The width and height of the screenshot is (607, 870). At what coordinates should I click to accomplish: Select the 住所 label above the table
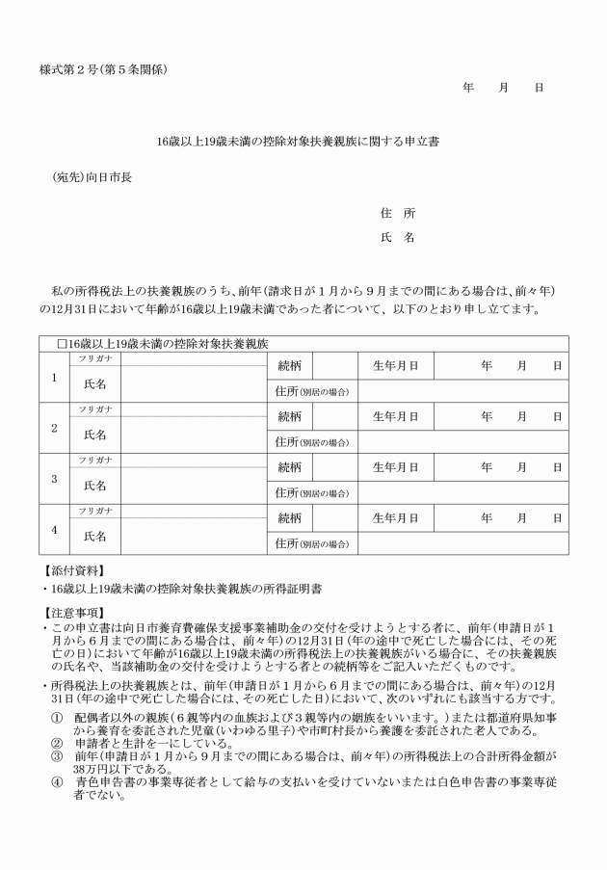click(396, 212)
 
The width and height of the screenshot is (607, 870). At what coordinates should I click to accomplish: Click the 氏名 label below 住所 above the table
click(396, 236)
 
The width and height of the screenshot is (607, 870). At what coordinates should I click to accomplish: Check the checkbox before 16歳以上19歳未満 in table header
click(61, 343)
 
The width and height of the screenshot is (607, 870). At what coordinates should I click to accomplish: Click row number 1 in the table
click(54, 377)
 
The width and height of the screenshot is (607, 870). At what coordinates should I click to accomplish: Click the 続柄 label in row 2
click(289, 416)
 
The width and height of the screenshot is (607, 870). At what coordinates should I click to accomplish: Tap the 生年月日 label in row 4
click(395, 517)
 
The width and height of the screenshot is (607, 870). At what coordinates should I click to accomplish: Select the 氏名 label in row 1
click(94, 383)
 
